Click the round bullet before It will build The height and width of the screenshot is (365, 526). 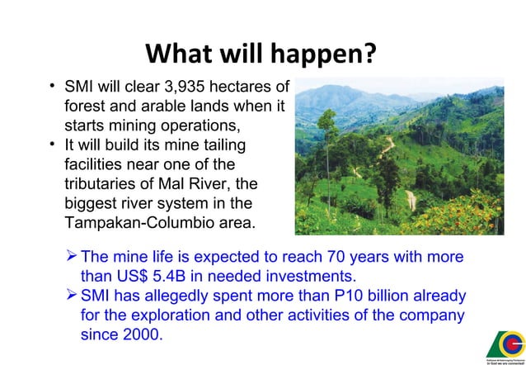[x=52, y=145]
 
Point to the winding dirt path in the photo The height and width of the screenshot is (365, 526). [x=410, y=199]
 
